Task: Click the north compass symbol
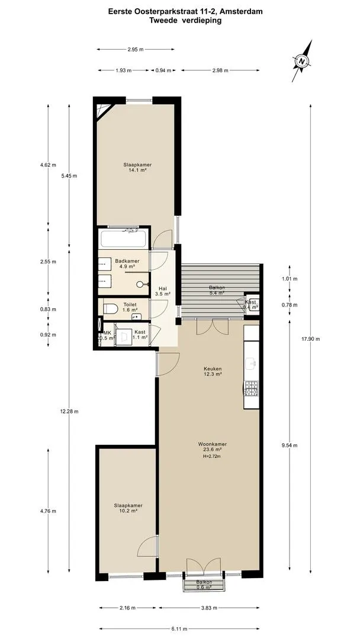302,62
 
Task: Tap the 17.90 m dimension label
311,339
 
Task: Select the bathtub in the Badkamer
123,239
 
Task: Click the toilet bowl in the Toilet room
110,309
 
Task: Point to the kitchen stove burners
251,388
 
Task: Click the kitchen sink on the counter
251,362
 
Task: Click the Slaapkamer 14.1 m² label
138,167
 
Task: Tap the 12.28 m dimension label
69,411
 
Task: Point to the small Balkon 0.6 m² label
204,585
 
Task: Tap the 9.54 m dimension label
290,445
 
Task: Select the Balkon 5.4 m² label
217,290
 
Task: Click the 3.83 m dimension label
209,608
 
